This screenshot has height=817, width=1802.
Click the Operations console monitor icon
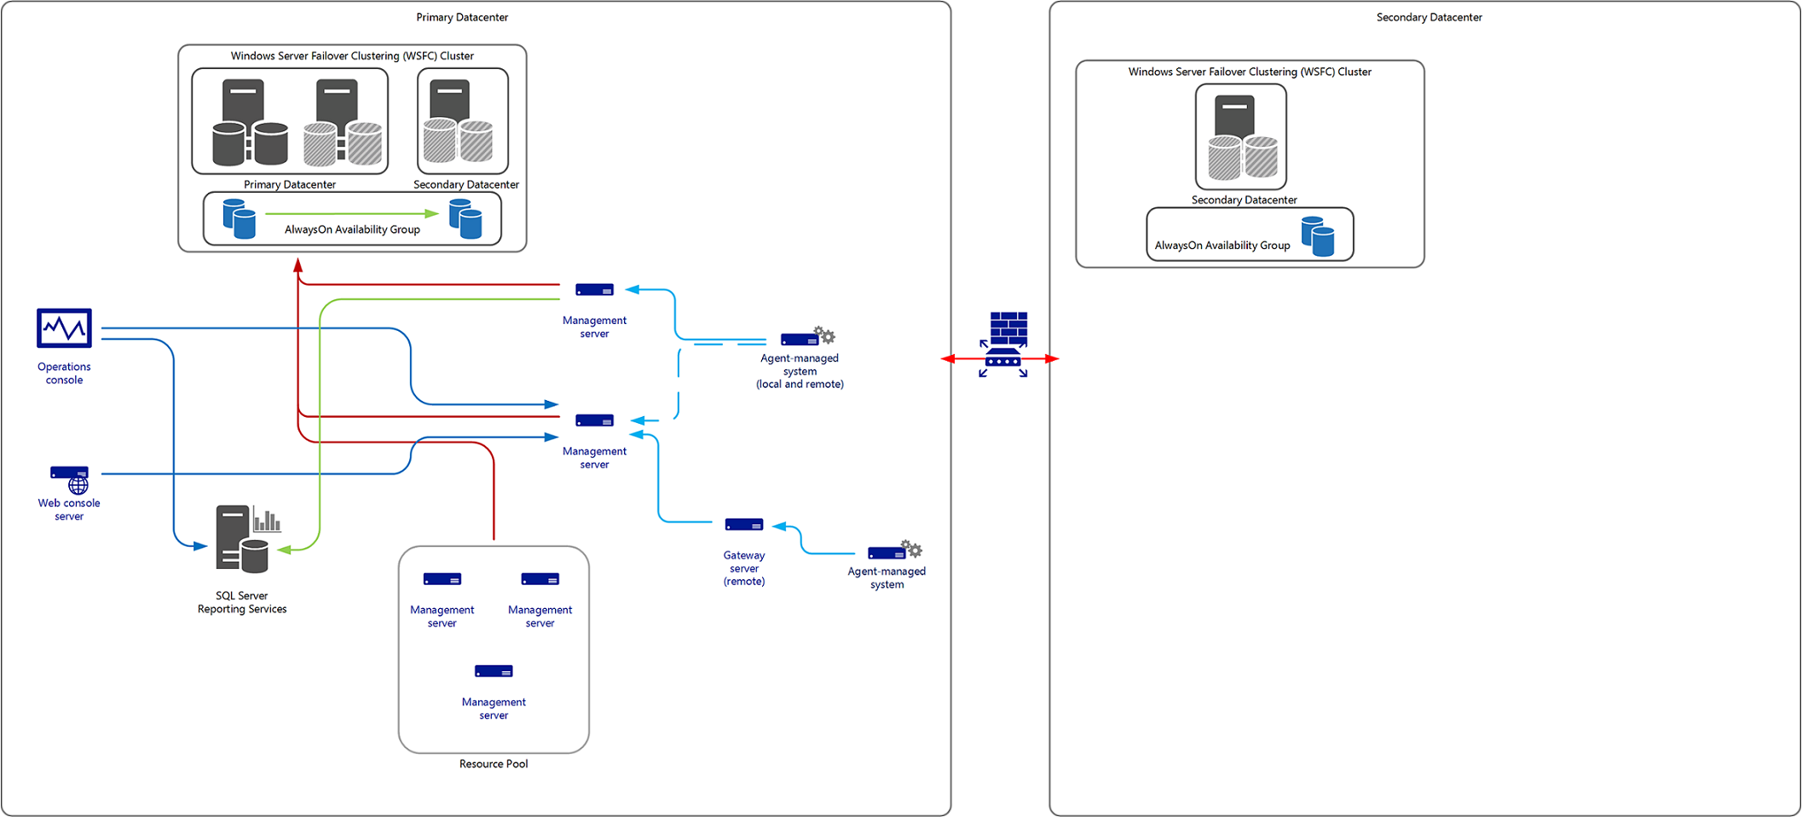(x=64, y=327)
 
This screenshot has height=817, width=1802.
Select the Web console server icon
(x=70, y=478)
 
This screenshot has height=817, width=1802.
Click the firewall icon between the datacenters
(x=1005, y=344)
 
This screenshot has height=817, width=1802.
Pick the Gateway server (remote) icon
(x=743, y=524)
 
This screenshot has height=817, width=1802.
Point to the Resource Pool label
(x=493, y=764)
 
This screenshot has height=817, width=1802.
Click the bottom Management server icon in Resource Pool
(x=494, y=671)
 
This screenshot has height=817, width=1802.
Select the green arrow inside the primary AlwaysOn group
(x=351, y=213)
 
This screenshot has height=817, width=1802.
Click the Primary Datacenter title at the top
(x=462, y=17)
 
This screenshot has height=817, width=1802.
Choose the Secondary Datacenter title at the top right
(x=1429, y=17)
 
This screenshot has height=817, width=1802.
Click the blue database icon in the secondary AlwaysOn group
(x=1318, y=236)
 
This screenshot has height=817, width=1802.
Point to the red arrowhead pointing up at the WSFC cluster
(x=298, y=266)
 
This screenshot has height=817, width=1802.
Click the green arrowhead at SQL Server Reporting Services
(x=284, y=550)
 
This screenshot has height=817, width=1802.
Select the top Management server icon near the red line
(x=594, y=290)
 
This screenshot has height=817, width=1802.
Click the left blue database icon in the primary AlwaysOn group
(x=239, y=219)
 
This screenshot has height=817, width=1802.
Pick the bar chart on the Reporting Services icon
(x=267, y=519)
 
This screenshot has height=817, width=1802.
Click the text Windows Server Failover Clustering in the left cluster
(x=351, y=56)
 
